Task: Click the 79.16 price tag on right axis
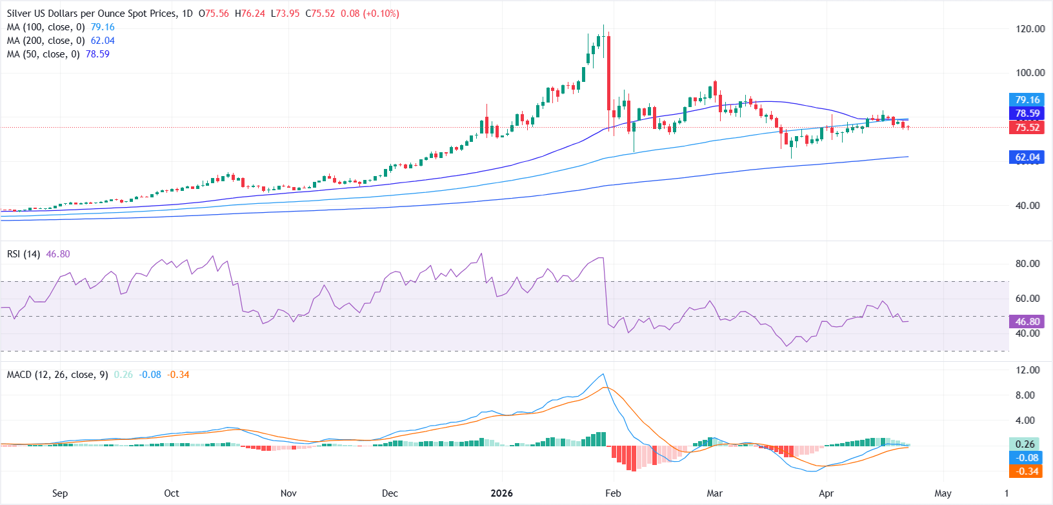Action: [1027, 100]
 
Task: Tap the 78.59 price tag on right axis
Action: [1027, 114]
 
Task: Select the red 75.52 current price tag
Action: [1027, 128]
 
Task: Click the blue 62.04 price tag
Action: [1027, 157]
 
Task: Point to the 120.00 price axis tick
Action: [1030, 29]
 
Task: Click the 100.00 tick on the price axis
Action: [1030, 73]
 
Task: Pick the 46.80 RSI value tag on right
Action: [1027, 321]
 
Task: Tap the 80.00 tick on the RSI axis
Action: [1027, 264]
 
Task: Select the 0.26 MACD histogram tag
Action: [1025, 444]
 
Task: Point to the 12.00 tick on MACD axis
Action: [1027, 370]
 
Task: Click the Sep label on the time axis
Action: [60, 493]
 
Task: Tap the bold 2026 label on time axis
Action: [501, 493]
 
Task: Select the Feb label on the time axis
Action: [613, 493]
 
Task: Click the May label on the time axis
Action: [943, 493]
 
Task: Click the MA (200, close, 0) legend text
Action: [46, 41]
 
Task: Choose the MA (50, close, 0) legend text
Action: [43, 54]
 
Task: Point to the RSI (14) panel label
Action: [23, 254]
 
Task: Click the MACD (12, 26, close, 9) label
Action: [57, 375]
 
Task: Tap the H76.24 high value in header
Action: [250, 14]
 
